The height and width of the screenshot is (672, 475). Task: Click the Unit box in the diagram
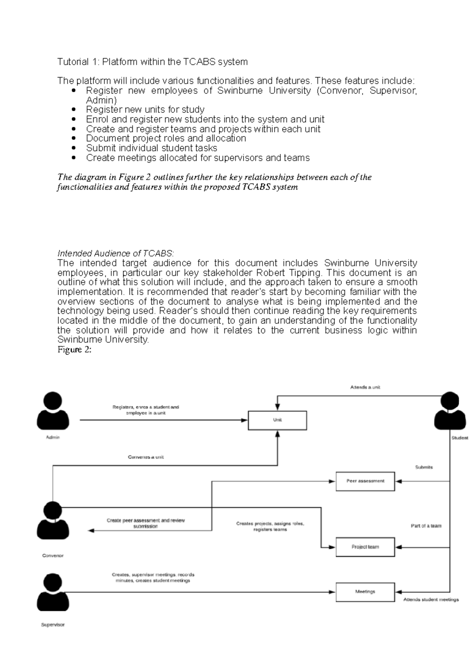[x=277, y=420]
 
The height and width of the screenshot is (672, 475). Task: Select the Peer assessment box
[x=365, y=481]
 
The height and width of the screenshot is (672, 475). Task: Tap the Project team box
[x=365, y=547]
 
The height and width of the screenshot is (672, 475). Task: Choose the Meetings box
[x=365, y=592]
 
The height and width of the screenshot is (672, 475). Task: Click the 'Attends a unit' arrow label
[x=365, y=387]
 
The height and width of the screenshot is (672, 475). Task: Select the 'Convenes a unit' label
[x=146, y=457]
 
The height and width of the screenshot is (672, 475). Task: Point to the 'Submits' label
[x=424, y=467]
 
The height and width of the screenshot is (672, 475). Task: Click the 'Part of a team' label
[x=426, y=526]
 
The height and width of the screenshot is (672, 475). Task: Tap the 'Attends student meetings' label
[x=431, y=600]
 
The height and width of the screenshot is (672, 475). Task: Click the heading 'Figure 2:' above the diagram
[x=74, y=350]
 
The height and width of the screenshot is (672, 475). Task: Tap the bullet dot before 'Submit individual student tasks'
[x=74, y=148]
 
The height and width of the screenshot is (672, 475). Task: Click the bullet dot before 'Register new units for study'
[x=74, y=110]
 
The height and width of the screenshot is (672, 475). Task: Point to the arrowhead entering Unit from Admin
[x=245, y=420]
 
